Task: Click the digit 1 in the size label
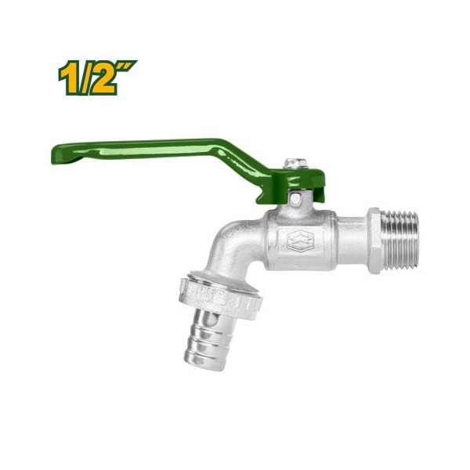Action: [67, 79]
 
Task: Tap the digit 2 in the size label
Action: [102, 80]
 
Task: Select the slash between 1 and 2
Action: [84, 79]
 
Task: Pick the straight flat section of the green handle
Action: [141, 146]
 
